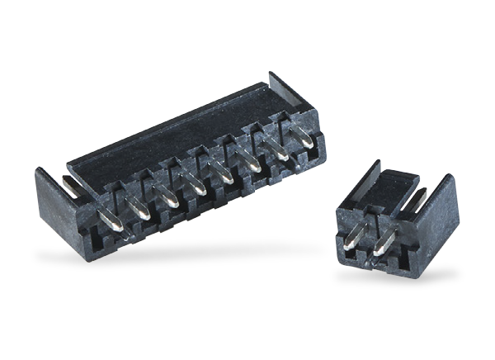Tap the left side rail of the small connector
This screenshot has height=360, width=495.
click(x=347, y=197)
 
